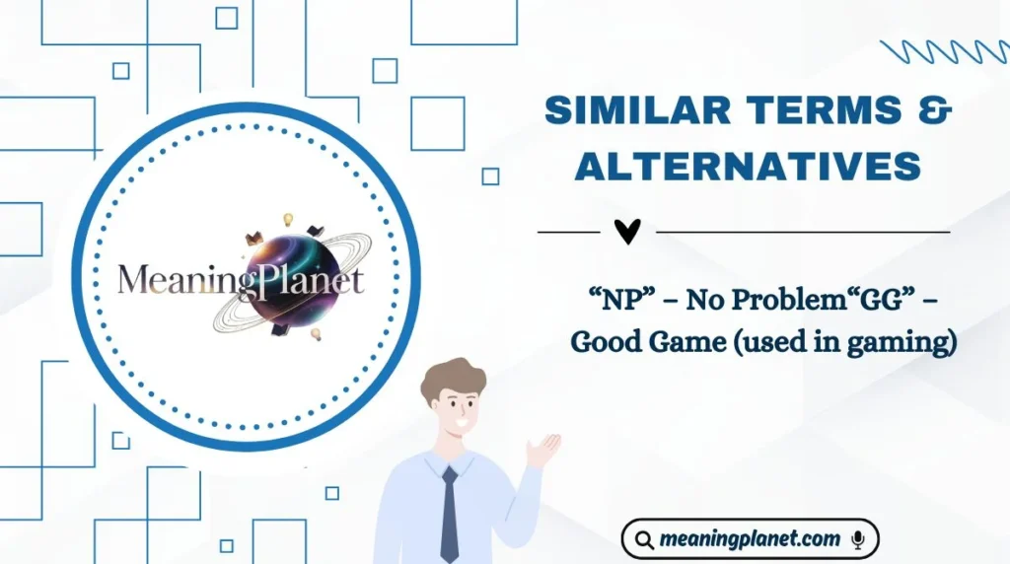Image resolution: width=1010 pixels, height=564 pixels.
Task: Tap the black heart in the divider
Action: click(x=627, y=231)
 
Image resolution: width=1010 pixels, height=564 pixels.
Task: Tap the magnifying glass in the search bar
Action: click(x=644, y=539)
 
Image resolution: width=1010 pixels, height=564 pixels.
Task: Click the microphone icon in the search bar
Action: click(x=858, y=539)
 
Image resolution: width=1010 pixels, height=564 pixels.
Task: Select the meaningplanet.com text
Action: click(x=751, y=539)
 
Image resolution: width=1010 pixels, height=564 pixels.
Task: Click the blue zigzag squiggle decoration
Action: click(x=945, y=52)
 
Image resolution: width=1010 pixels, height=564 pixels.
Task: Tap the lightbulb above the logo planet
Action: click(x=289, y=218)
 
